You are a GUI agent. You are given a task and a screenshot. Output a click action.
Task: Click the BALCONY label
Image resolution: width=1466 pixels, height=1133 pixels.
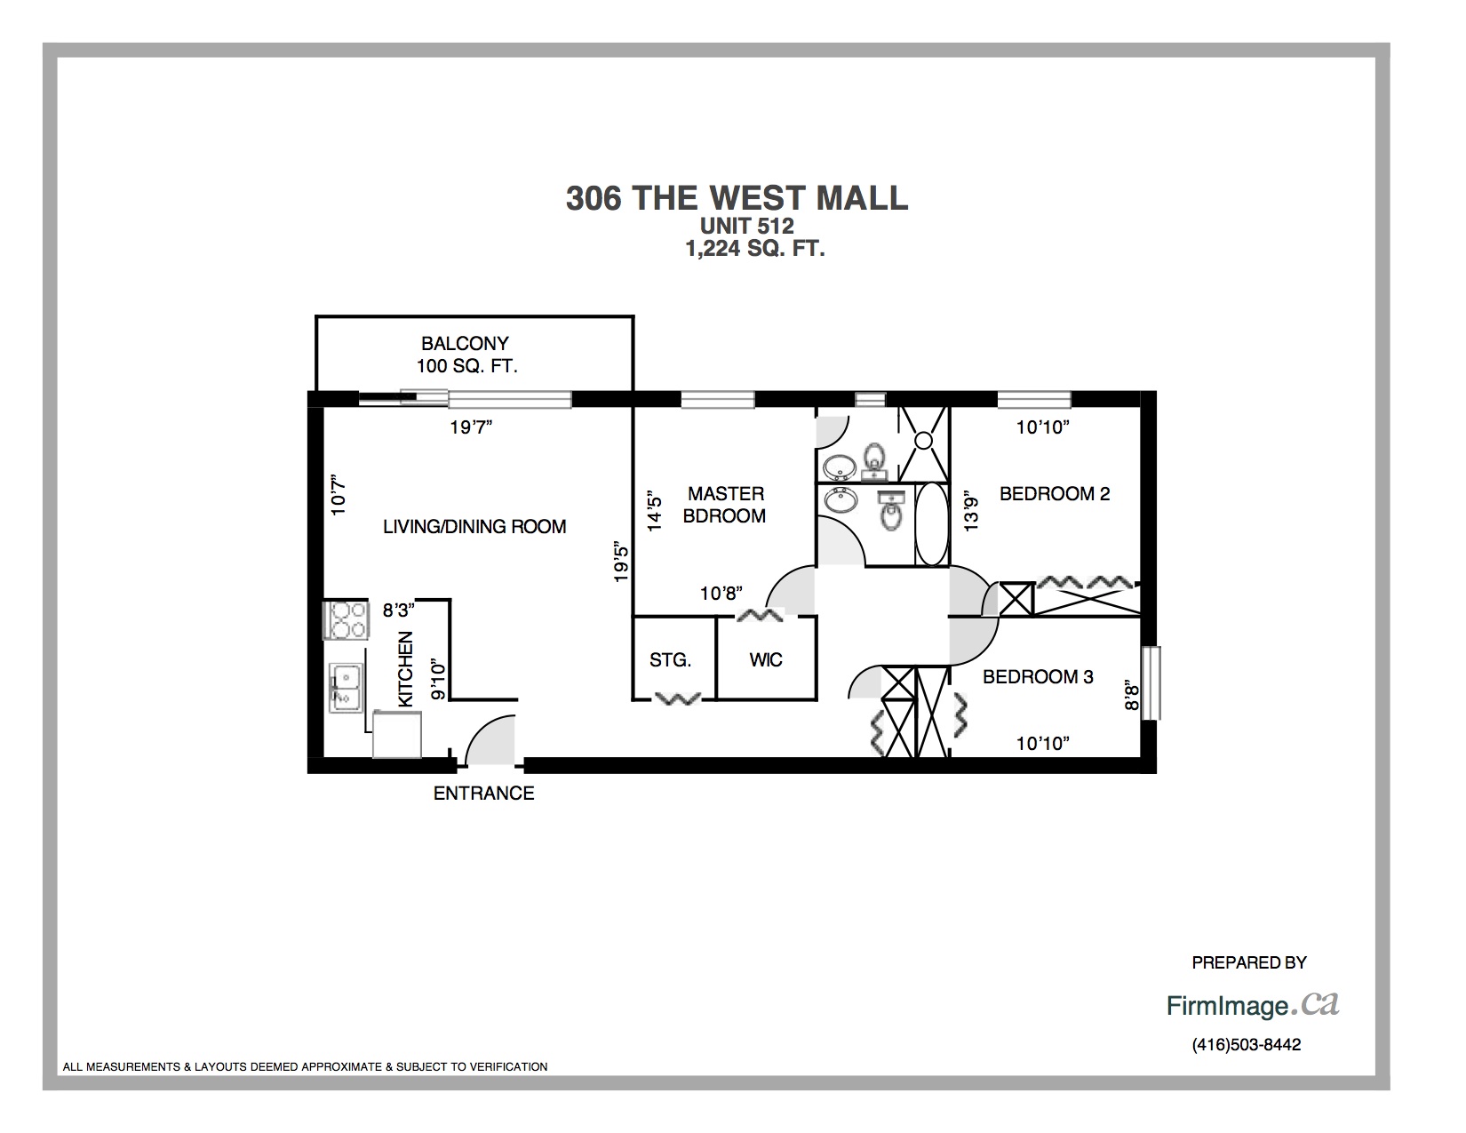pos(465,344)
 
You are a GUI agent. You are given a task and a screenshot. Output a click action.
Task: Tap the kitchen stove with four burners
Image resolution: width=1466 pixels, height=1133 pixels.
pos(347,619)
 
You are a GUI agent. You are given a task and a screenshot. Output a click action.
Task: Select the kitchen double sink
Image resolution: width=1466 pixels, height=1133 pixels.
pos(346,688)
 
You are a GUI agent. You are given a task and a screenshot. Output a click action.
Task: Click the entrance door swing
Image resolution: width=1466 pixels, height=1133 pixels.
pos(490,740)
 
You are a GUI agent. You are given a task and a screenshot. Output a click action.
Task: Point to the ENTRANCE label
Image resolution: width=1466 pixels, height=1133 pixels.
pos(483,794)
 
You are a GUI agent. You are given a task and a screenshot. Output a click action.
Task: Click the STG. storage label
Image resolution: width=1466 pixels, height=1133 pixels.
pos(671,660)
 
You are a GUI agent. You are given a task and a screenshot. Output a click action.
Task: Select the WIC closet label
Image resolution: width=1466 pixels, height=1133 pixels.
pos(766,660)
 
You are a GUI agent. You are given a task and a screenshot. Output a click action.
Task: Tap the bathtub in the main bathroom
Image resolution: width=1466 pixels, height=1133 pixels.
pos(932,524)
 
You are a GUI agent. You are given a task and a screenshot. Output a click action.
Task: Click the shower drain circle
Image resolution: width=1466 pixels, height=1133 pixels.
pos(924,441)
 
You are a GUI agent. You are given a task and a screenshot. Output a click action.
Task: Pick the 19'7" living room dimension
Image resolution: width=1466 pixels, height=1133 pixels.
pos(472,427)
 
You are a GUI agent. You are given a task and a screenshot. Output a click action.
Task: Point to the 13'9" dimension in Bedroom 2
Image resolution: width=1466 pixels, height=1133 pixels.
pos(970,511)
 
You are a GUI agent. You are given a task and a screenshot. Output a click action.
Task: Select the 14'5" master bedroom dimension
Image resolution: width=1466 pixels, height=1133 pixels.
pos(655,511)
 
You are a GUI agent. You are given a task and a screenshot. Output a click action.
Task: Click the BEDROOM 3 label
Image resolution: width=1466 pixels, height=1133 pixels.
pos(1038,677)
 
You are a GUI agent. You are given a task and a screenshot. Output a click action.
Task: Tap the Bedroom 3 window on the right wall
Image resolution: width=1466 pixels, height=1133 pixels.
pos(1151,682)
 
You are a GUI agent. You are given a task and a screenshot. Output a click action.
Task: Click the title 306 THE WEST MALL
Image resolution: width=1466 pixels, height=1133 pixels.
pos(737,198)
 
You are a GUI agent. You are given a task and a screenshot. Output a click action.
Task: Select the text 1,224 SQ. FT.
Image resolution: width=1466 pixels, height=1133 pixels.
pos(755,249)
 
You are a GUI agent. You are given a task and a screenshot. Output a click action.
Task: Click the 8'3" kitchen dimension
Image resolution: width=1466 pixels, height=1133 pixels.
pos(399,610)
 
